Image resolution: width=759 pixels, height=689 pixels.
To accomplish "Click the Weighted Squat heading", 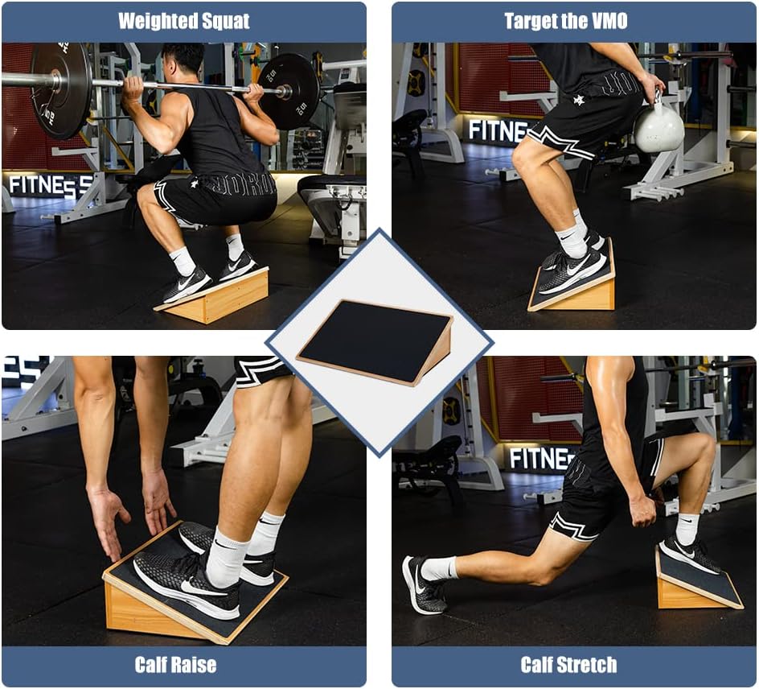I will click(x=184, y=21).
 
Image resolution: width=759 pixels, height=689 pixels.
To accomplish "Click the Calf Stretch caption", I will click(x=568, y=665).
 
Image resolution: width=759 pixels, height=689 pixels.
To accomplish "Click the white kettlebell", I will click(x=658, y=127).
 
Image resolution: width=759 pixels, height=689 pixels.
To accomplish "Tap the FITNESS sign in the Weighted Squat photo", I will click(x=50, y=185).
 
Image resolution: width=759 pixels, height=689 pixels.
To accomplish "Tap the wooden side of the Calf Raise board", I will click(x=145, y=615).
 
